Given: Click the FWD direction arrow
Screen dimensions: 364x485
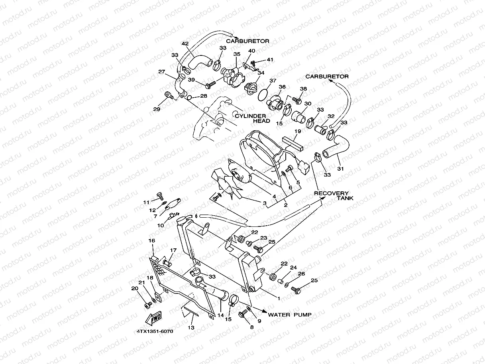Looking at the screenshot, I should coord(154,317).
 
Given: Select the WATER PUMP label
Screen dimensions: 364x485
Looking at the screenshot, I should coord(289,315).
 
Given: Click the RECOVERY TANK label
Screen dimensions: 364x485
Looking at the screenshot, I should coord(332,196).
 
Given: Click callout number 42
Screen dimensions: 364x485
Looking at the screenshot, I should coord(185,44).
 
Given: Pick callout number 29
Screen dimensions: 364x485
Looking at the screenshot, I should coord(157,109).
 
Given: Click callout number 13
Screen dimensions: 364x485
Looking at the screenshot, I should coord(191,327).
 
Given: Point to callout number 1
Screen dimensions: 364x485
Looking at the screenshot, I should coord(278,298).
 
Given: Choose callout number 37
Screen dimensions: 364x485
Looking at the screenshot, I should coord(272,81).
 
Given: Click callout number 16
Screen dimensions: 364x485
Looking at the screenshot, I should coord(151,240).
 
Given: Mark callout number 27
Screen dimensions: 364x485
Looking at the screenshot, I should coord(161,72).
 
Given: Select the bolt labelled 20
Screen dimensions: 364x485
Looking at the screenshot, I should coord(148,304).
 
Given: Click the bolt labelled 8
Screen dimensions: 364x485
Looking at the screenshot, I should coord(242,315).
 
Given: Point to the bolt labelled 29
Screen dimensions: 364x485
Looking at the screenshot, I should coord(169,95).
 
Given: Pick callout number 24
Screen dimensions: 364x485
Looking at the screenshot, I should coord(294,268).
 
